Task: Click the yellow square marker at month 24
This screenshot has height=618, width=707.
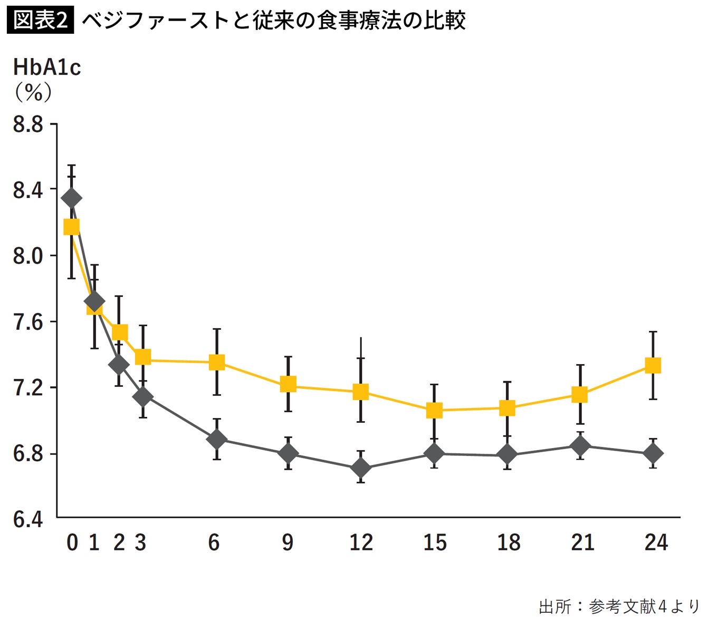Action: (x=653, y=365)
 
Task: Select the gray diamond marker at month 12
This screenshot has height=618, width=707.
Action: (x=361, y=468)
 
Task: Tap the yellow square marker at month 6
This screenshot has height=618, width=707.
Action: (x=217, y=362)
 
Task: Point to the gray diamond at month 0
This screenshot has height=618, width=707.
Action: (x=71, y=198)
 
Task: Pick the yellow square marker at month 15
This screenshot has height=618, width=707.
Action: (x=434, y=410)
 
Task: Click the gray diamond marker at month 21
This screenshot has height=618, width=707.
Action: (x=580, y=446)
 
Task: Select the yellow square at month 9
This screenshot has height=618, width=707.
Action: (x=288, y=384)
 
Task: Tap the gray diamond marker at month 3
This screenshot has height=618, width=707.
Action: (x=142, y=397)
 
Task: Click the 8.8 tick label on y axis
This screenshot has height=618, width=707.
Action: (x=28, y=125)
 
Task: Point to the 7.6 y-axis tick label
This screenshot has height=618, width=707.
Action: (x=28, y=322)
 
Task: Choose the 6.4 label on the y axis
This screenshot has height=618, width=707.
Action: (x=28, y=520)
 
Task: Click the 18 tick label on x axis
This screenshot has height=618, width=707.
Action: (x=509, y=543)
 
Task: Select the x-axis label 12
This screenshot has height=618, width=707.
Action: (x=361, y=543)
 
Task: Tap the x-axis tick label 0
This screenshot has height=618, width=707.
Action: (x=72, y=543)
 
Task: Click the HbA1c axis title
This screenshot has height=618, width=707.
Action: (x=47, y=68)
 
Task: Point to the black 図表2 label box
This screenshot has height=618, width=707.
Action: (x=40, y=20)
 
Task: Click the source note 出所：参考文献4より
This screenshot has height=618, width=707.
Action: (x=619, y=606)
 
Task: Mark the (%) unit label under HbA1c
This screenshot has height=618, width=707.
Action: (x=33, y=93)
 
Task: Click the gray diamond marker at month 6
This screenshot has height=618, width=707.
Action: (x=216, y=439)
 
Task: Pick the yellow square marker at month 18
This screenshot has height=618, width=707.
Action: (x=507, y=408)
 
